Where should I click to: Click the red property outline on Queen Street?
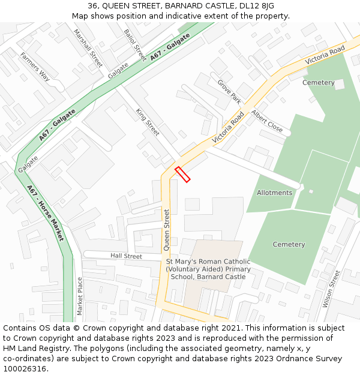click(x=182, y=175)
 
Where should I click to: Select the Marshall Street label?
click(x=88, y=47)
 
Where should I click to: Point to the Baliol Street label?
click(x=135, y=44)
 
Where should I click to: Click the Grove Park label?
click(x=229, y=91)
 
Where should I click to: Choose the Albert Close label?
click(x=267, y=121)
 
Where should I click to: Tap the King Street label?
click(x=148, y=122)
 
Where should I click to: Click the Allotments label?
click(x=274, y=193)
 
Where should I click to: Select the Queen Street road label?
click(x=167, y=229)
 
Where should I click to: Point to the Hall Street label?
click(x=126, y=256)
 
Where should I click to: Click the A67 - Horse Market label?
click(x=45, y=212)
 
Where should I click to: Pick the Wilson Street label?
click(x=331, y=289)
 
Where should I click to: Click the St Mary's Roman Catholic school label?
click(x=208, y=269)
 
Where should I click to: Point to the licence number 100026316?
click(x=25, y=369)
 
